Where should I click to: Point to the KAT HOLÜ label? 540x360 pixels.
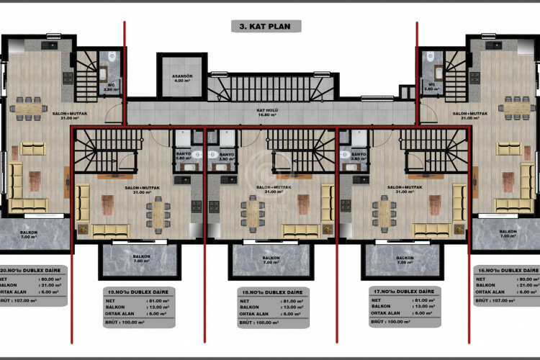tap(268, 112)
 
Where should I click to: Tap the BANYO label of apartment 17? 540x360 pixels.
tap(358, 154)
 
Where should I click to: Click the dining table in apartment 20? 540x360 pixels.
tap(29, 107)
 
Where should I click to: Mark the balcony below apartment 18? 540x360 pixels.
tap(271, 261)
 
